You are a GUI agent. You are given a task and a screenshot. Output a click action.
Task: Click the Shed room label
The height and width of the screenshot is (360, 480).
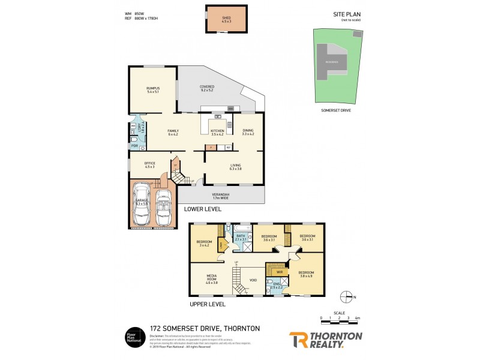pyautogui.click(x=226, y=19)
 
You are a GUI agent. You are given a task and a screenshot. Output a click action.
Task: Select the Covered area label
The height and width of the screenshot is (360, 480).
pyautogui.click(x=207, y=88)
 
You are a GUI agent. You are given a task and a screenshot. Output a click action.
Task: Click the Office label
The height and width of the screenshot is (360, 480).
pyautogui.click(x=150, y=165)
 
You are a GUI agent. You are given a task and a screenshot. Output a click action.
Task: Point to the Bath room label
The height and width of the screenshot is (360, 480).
pyautogui.click(x=241, y=238)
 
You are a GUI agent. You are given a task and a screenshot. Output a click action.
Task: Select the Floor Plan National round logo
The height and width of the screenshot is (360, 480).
pyautogui.click(x=132, y=337)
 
